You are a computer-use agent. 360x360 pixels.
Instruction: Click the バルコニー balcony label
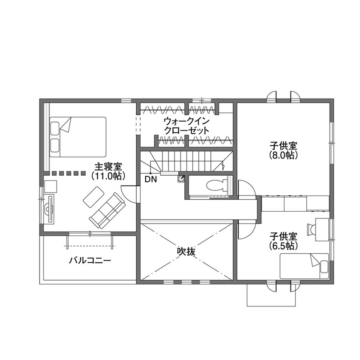pyautogui.click(x=90, y=261)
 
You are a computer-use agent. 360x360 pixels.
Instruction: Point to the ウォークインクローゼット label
pyautogui.click(x=186, y=126)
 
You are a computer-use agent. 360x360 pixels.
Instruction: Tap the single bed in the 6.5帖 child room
pyautogui.click(x=304, y=266)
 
